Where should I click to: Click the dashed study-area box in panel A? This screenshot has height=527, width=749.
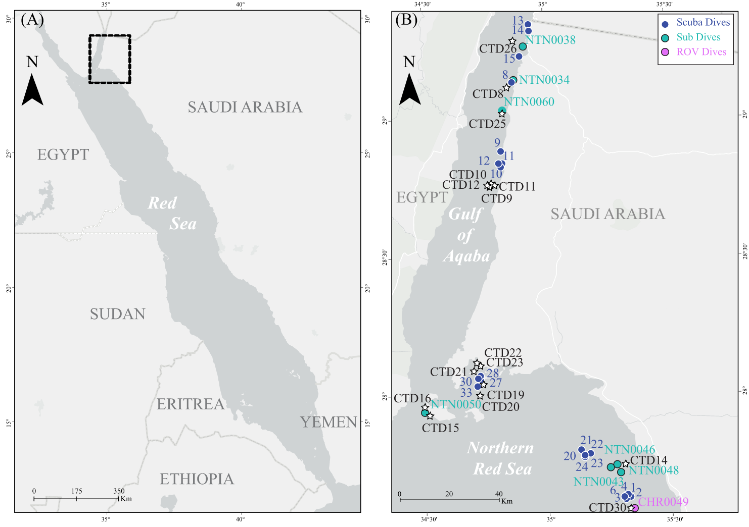(110, 59)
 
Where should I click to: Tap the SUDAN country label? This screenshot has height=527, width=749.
(117, 314)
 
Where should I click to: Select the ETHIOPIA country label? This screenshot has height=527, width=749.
(197, 479)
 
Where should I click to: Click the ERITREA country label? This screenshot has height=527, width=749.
(190, 404)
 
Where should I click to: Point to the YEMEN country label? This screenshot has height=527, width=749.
(329, 423)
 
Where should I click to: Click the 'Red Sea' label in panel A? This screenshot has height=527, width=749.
(172, 214)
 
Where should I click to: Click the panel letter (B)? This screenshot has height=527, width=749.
(406, 20)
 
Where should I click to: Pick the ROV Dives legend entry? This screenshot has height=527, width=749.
(695, 52)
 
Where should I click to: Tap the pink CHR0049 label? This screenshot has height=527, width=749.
(663, 502)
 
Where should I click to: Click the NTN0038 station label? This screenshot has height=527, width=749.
(550, 40)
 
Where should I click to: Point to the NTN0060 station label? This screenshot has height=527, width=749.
(529, 102)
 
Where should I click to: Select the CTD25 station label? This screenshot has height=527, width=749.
(487, 124)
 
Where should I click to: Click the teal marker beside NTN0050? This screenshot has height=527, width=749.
(425, 413)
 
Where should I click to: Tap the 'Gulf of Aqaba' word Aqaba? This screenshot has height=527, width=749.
(466, 256)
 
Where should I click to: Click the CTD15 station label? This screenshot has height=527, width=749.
(440, 428)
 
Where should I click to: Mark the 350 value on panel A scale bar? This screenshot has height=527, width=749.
(119, 491)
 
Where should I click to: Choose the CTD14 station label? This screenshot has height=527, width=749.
(648, 460)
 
